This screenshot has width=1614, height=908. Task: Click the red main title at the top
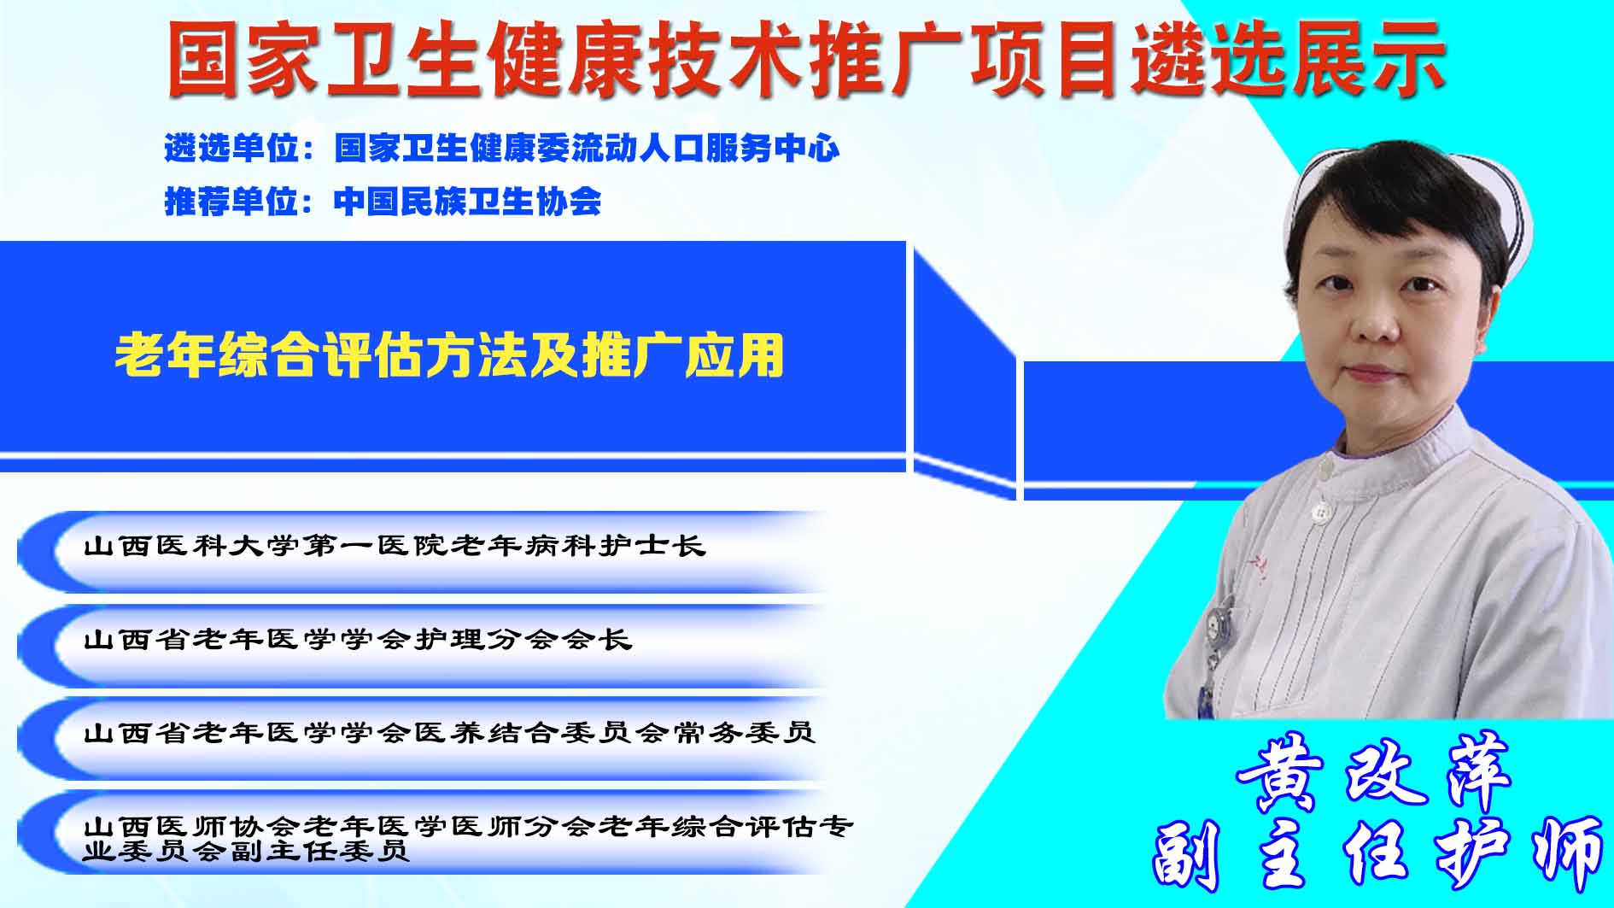tap(806, 58)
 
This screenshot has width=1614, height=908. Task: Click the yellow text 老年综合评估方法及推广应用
tap(450, 355)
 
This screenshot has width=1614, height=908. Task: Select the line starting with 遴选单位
tap(502, 149)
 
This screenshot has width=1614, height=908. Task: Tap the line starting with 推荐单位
tap(383, 202)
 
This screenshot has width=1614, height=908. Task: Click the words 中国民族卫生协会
tap(468, 202)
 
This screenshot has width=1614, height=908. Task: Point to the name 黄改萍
tap(1373, 772)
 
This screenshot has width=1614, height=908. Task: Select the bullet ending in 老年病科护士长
tap(395, 546)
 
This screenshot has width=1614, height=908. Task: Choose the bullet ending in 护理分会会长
tap(358, 639)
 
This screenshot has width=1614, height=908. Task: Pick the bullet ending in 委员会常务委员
tap(449, 732)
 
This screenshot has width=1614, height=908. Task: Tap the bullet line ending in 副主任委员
tap(468, 838)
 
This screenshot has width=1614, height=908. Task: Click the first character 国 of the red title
tap(203, 59)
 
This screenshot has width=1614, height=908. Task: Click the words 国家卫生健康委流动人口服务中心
tap(587, 149)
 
